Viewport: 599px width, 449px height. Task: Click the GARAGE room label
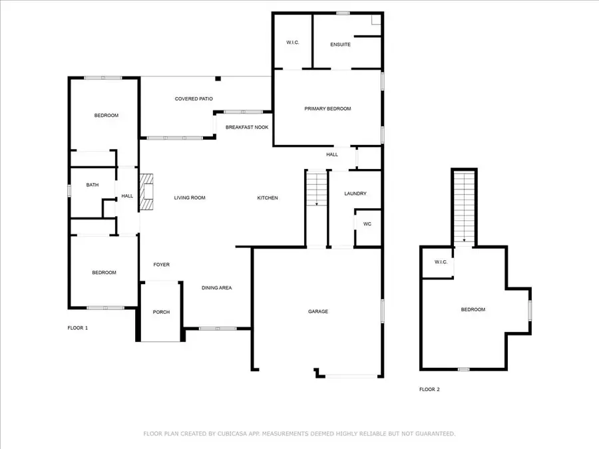(x=318, y=311)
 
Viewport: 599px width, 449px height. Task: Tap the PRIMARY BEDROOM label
(x=327, y=108)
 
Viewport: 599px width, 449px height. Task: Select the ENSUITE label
(x=340, y=45)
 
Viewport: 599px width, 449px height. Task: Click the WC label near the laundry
(x=367, y=224)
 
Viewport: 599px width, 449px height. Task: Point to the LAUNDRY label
(x=355, y=194)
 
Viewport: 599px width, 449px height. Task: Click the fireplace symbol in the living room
(x=146, y=193)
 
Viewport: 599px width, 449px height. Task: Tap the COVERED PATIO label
(x=194, y=99)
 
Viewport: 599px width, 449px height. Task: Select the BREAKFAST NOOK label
(x=247, y=126)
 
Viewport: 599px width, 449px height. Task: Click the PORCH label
(x=161, y=312)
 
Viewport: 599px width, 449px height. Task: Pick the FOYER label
(x=161, y=265)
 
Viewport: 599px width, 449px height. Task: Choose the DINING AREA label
(x=217, y=287)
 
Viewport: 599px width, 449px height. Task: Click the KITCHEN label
(x=268, y=198)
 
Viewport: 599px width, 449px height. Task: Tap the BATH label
(x=93, y=185)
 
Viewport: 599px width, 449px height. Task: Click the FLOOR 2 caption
(x=429, y=389)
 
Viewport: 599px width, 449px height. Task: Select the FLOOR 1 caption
(x=78, y=328)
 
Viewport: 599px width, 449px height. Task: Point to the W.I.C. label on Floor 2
(x=441, y=262)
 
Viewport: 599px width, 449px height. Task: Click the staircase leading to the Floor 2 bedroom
(x=464, y=206)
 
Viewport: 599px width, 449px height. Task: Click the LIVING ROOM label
(x=190, y=198)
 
